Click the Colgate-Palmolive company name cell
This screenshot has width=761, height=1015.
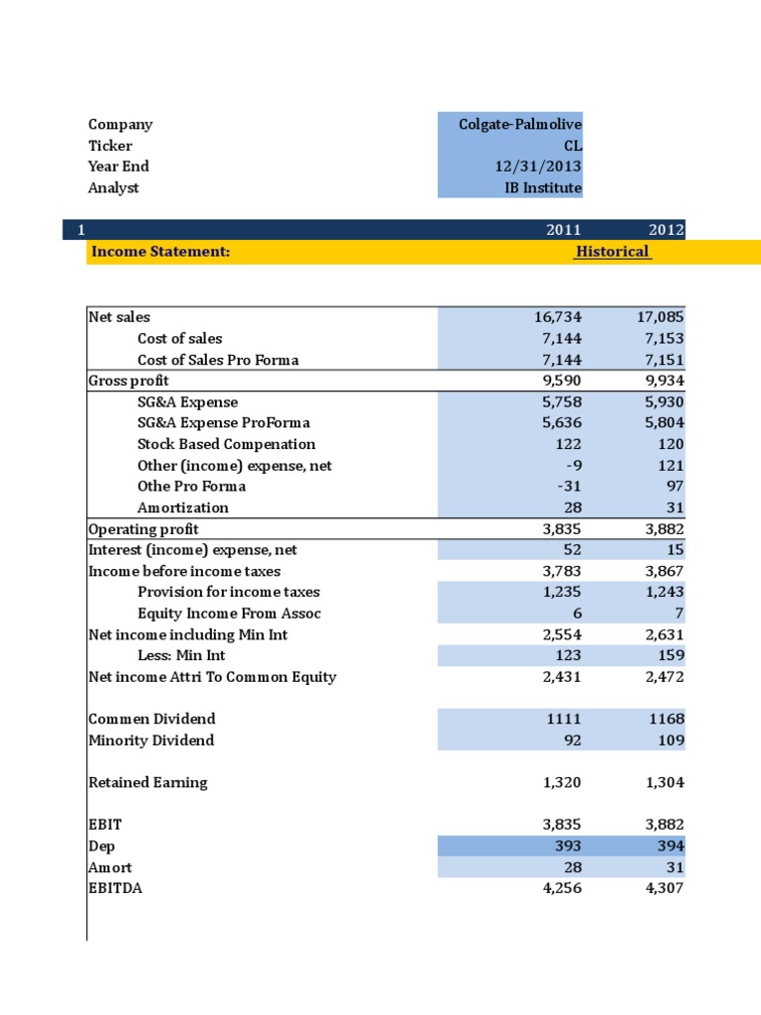tap(520, 124)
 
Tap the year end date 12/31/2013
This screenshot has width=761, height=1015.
tap(538, 167)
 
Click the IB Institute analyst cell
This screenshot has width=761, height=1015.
tap(542, 187)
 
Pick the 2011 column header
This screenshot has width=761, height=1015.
tap(564, 230)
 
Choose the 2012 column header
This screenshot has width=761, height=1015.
tap(666, 230)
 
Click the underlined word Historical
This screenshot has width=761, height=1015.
tap(612, 252)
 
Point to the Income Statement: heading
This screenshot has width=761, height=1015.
tap(161, 252)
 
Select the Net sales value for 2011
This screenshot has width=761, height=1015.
tap(557, 317)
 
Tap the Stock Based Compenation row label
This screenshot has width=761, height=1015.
tap(226, 444)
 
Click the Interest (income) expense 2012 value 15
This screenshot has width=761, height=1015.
tap(674, 549)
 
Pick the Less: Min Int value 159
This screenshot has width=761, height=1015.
tap(670, 655)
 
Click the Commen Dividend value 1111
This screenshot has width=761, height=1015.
tap(564, 719)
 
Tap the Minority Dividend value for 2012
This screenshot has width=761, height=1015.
tap(670, 740)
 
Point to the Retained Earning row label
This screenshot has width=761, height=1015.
tap(148, 782)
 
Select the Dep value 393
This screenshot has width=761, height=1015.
tap(568, 846)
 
